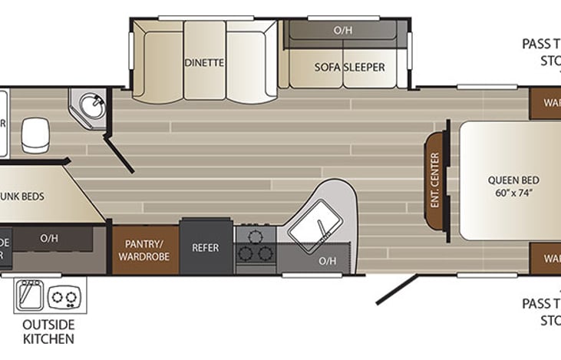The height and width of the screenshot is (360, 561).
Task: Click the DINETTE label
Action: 204,63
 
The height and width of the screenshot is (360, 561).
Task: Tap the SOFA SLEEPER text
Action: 349,67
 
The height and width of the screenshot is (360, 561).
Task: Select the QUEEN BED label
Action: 510,181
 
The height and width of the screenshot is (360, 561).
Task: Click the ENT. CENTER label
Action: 434,181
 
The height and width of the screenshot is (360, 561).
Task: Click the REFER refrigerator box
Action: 206,248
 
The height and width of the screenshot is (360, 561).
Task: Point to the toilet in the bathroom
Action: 33,134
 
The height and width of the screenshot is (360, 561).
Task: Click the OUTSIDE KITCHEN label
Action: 48,330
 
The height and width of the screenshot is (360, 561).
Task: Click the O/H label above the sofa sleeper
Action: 342,31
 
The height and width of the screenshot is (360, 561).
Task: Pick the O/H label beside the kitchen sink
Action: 328,261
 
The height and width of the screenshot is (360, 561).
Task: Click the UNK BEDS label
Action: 23,197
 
